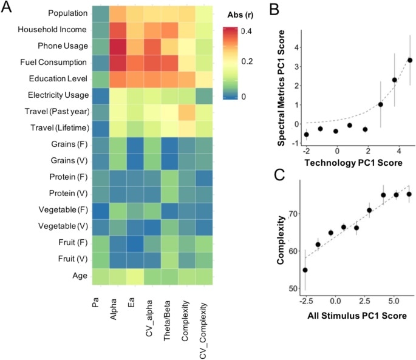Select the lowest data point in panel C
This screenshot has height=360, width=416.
pyautogui.click(x=305, y=270)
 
